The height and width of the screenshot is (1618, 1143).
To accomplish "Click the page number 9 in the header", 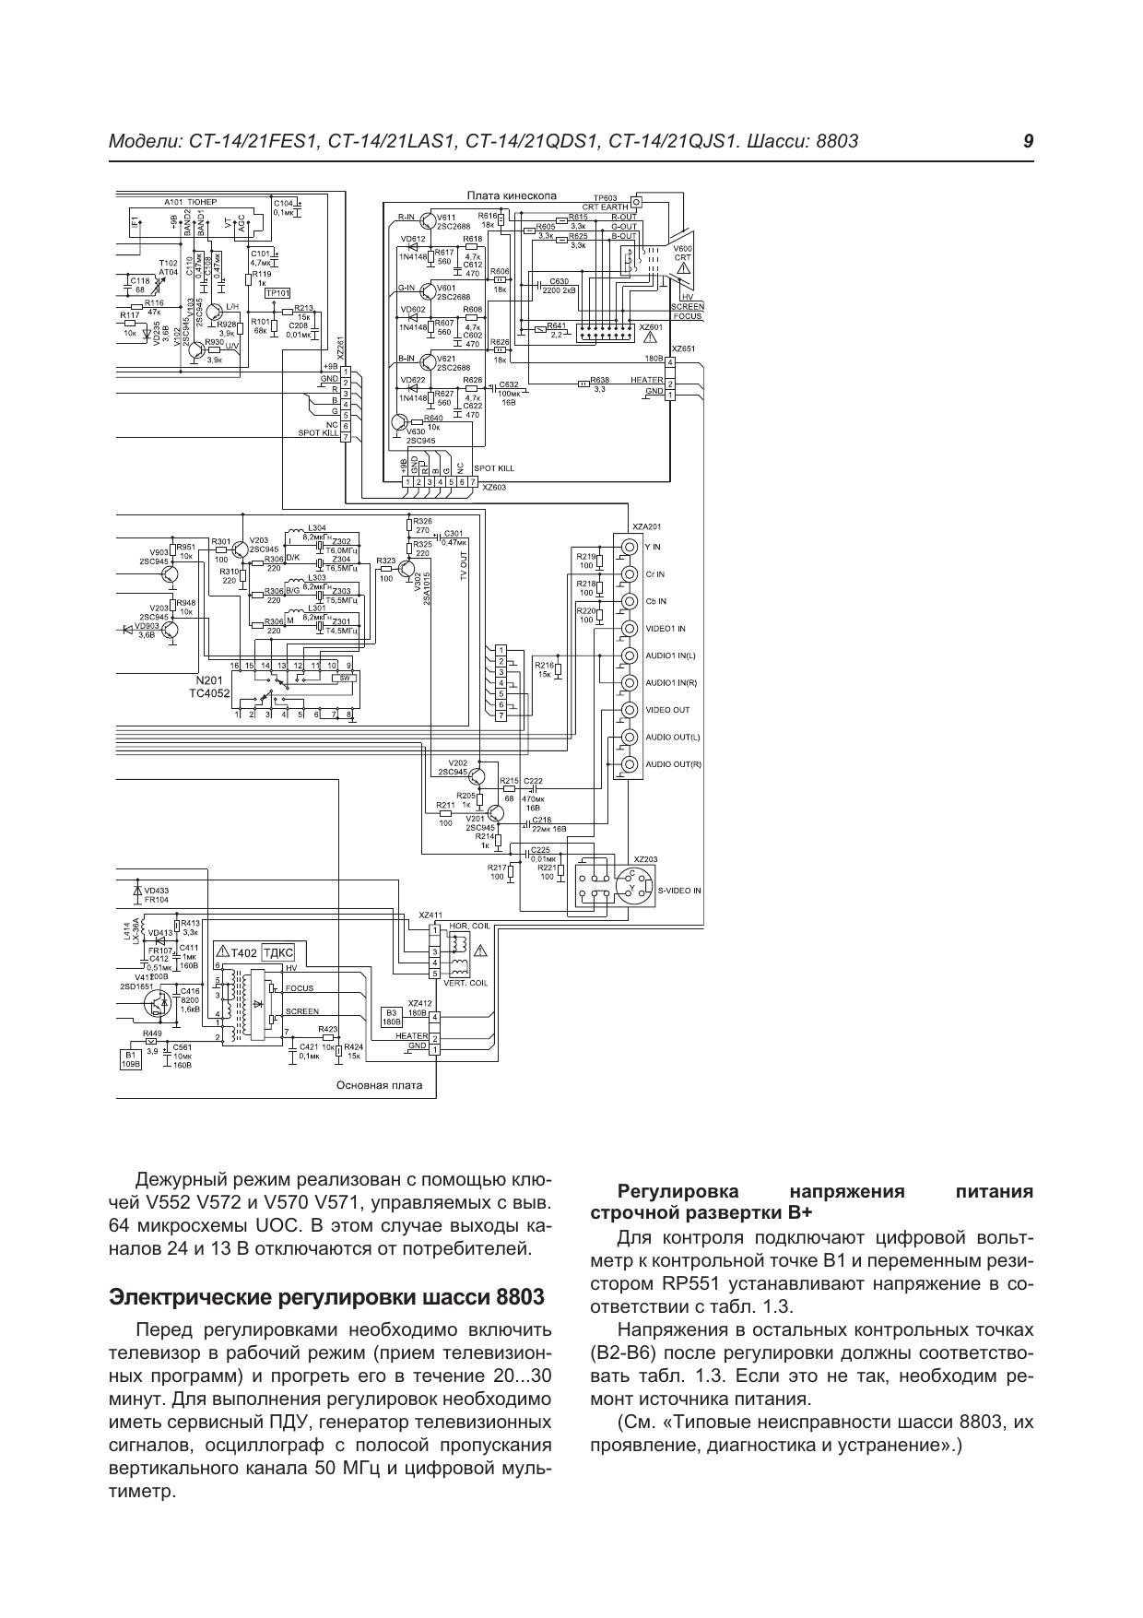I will (x=1028, y=141).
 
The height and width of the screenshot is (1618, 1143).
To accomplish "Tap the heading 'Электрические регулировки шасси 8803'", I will (x=326, y=1296).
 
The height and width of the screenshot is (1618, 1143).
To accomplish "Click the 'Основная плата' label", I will (x=379, y=1085).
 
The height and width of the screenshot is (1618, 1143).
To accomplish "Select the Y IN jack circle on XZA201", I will (x=629, y=547).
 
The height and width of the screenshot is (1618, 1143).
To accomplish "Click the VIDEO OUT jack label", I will (x=667, y=710).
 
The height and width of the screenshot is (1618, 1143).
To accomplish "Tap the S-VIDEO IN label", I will (x=679, y=891).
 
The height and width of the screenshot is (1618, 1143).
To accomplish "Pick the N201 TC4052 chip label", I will (x=209, y=686).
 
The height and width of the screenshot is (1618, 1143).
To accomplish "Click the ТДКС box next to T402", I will (x=277, y=953).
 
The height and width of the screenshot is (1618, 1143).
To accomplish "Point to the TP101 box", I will (x=277, y=293).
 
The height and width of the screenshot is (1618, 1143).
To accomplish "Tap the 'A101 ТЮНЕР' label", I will (x=189, y=200).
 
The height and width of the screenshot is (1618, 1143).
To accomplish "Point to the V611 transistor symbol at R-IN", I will (x=427, y=220).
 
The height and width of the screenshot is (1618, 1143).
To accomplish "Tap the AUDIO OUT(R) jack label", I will (x=673, y=764).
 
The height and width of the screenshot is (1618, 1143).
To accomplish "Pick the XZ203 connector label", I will (x=645, y=859).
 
